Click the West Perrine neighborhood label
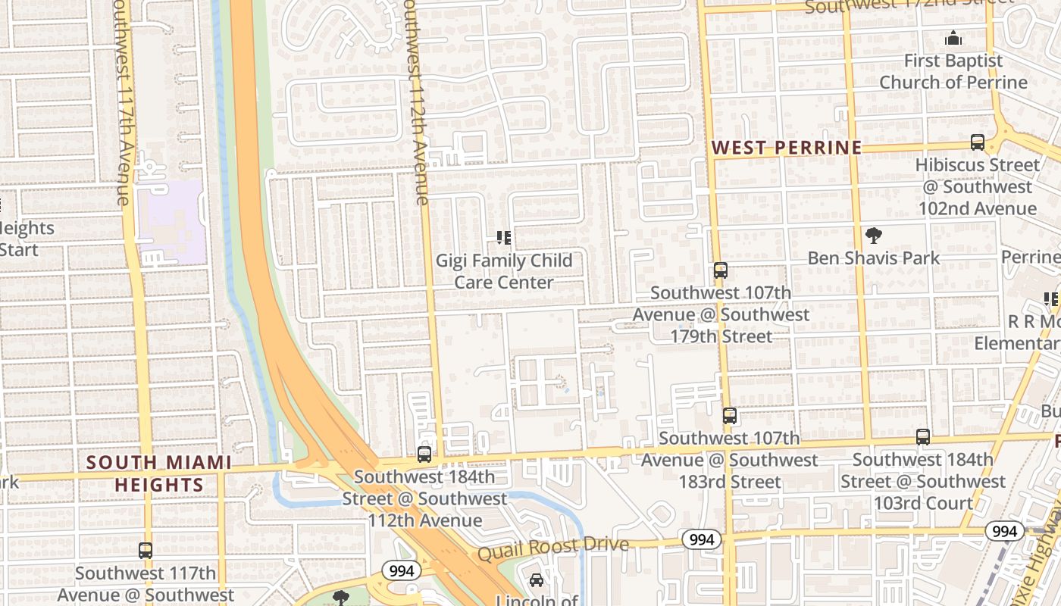(x=787, y=147)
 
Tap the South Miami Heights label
(x=158, y=473)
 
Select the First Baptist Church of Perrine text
(x=952, y=71)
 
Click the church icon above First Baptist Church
(x=953, y=37)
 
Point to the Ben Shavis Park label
(x=873, y=258)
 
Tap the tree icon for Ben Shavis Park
(x=873, y=236)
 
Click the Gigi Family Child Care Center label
(x=504, y=271)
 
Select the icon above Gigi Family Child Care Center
(x=503, y=239)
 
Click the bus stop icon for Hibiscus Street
(x=978, y=142)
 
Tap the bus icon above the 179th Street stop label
(x=720, y=270)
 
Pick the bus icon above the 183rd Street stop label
(x=729, y=415)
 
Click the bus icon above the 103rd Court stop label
(x=922, y=436)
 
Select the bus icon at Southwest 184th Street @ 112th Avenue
(x=424, y=454)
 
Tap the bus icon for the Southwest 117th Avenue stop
(x=146, y=551)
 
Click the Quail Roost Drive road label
(x=552, y=548)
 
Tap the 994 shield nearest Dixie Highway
(x=1004, y=531)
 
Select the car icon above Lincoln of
(x=537, y=580)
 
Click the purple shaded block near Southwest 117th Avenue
(x=172, y=221)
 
